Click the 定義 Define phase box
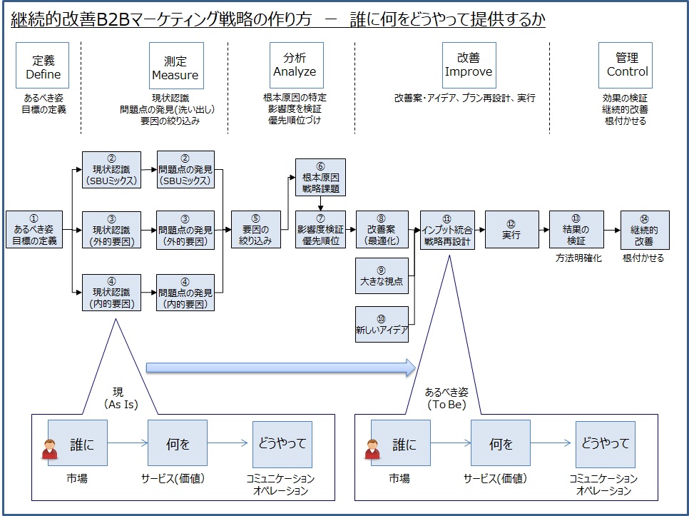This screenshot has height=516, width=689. click(42, 66)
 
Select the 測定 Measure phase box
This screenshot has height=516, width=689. click(176, 66)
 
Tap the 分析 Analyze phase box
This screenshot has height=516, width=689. click(297, 66)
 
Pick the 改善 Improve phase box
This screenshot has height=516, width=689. click(469, 66)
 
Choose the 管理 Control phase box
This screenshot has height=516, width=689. click(626, 66)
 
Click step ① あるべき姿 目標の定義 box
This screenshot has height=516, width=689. click(34, 229)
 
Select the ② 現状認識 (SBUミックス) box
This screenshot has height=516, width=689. click(111, 170)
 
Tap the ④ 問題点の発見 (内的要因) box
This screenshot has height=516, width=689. click(185, 293)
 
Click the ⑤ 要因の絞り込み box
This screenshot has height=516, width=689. click(256, 229)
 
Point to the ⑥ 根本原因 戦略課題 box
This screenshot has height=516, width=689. click(320, 177)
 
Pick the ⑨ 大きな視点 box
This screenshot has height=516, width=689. click(382, 276)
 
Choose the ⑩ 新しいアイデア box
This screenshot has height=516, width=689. click(382, 324)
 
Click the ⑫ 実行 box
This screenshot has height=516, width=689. click(512, 229)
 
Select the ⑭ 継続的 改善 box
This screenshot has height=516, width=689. click(645, 229)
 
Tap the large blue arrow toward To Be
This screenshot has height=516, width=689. click(281, 368)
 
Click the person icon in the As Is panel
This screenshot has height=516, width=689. click(50, 449)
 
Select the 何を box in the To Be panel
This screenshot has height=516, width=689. click(501, 443)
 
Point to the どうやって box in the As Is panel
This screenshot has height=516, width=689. click(282, 445)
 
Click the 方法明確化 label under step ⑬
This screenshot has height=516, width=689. click(578, 258)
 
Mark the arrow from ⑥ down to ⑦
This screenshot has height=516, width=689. click(321, 203)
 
